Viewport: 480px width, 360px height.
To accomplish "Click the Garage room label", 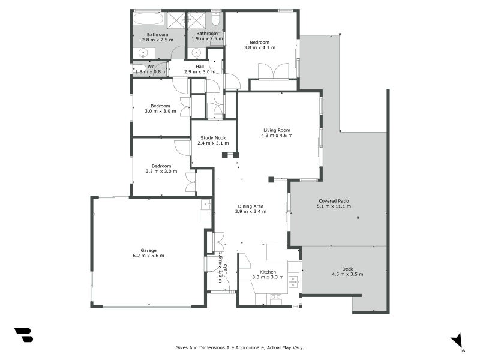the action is pos(148,250).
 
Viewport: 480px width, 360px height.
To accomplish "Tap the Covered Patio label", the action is pos(334,201).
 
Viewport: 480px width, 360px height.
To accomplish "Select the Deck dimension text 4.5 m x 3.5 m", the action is pos(347,274).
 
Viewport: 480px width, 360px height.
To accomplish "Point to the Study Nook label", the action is pos(213,138).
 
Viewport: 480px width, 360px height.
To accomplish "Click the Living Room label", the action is pos(277,130).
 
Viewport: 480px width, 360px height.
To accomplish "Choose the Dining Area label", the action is pos(251,206).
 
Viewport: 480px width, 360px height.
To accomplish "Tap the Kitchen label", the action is pos(268,272).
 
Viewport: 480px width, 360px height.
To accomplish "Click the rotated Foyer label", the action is pos(226,267).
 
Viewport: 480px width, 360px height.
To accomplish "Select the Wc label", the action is pos(151,67).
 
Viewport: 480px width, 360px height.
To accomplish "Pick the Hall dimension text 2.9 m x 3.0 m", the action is pos(200,72).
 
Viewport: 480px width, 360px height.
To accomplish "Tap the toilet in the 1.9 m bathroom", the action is pos(215,19).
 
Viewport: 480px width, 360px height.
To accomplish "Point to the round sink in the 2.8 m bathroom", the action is pos(143,54).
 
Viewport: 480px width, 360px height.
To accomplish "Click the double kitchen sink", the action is pos(293,281).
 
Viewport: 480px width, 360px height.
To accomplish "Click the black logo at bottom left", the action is pos(24,335).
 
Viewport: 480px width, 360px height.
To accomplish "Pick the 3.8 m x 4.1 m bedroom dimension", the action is pos(260,48).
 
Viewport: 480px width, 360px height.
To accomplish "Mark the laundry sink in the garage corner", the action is pos(206,204).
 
